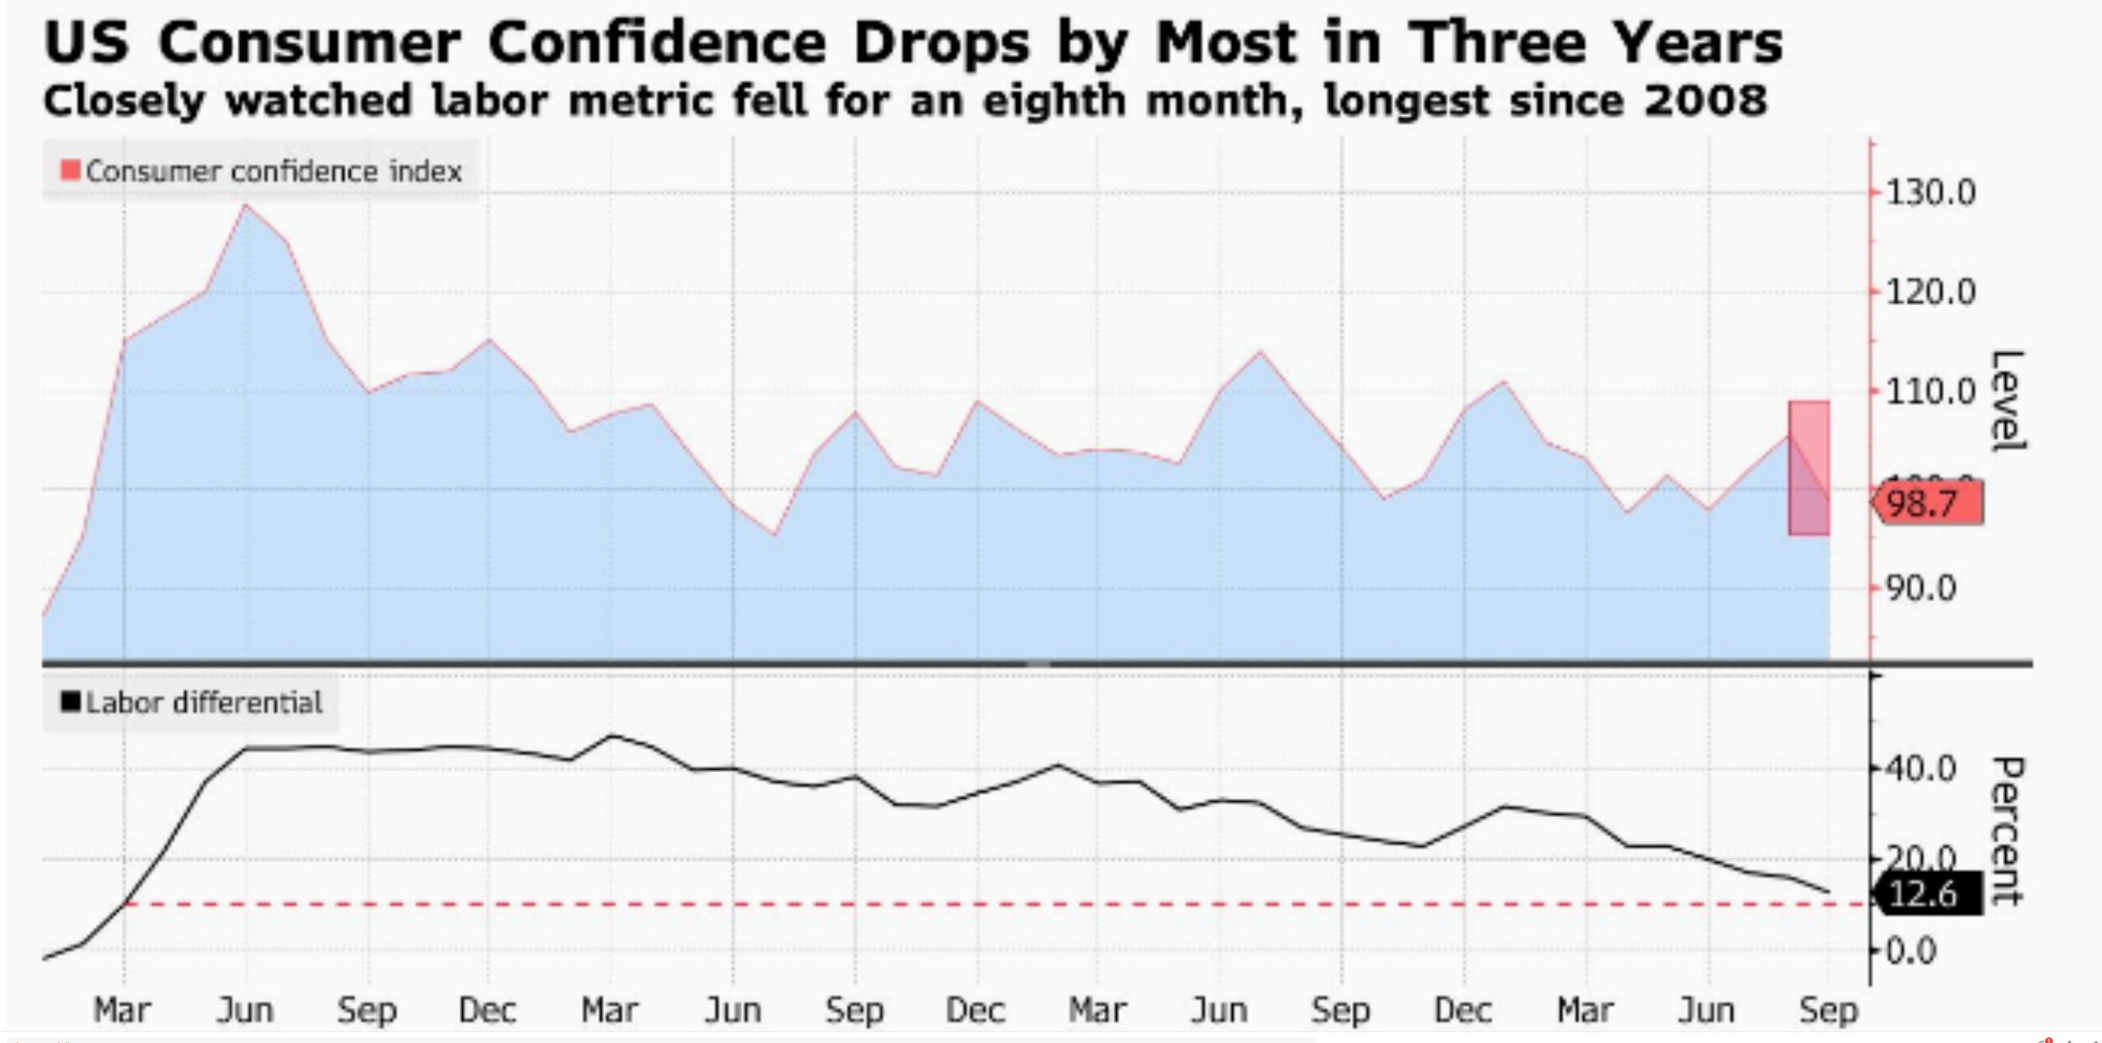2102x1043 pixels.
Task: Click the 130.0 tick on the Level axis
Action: coord(1930,193)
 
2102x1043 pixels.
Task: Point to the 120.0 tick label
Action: coord(1930,293)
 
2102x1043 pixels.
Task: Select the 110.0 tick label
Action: coord(1930,391)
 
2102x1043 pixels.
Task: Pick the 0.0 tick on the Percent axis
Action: coord(1910,950)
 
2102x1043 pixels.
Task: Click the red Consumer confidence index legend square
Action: coord(71,171)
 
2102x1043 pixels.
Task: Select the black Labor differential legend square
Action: coord(71,702)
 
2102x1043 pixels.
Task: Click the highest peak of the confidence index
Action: coord(245,205)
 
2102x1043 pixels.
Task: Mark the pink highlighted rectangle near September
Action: coord(1808,468)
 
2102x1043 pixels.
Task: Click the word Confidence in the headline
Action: coord(656,43)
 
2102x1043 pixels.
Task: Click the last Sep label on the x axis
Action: coord(1828,1011)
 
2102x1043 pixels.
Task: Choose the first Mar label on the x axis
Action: coord(123,1011)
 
